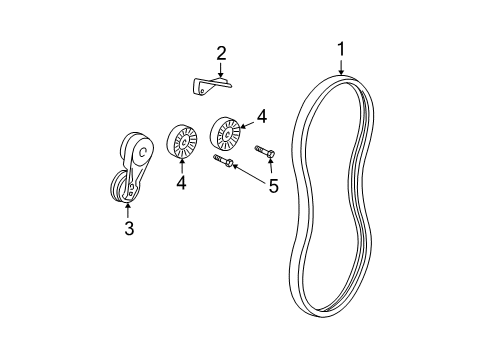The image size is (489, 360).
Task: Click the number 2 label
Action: (x=222, y=52)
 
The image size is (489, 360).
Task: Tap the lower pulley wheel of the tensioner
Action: (x=120, y=187)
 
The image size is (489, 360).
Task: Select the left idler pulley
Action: (x=181, y=142)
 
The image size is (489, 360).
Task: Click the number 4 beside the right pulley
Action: (x=262, y=117)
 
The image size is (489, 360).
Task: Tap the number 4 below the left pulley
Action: (x=181, y=183)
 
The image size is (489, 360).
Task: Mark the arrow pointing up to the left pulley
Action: (x=181, y=167)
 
